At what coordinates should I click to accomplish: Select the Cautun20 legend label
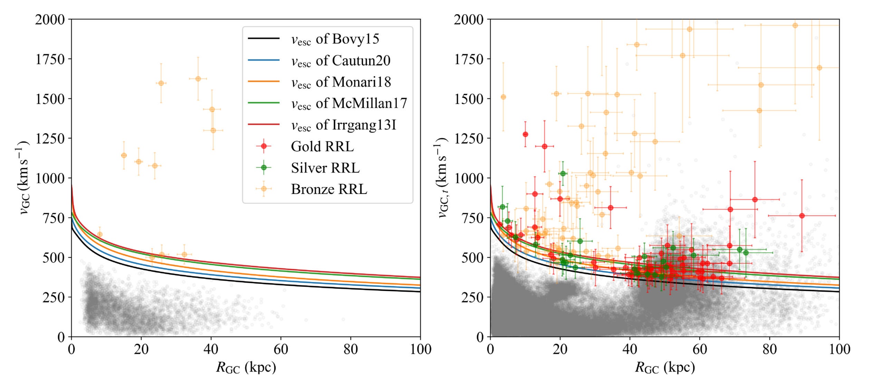340,60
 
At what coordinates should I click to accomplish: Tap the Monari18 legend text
340,82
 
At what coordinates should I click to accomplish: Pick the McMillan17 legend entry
349,103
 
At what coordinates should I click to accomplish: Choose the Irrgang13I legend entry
343,125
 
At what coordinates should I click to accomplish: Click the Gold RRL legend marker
264,146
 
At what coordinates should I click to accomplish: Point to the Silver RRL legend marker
264,168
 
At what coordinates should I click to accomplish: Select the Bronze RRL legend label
329,189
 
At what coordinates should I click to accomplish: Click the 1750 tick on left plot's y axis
50,59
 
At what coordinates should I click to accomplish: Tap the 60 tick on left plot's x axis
281,349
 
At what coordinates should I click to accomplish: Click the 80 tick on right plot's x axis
770,349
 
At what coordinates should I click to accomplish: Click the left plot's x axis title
246,367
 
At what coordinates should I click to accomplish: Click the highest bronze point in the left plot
198,79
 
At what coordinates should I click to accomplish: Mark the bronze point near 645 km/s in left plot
99,234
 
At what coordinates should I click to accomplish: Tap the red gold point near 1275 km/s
525,134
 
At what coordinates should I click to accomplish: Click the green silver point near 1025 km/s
563,174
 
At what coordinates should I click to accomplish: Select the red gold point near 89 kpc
802,216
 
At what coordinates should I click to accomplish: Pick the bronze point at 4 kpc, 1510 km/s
503,97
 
